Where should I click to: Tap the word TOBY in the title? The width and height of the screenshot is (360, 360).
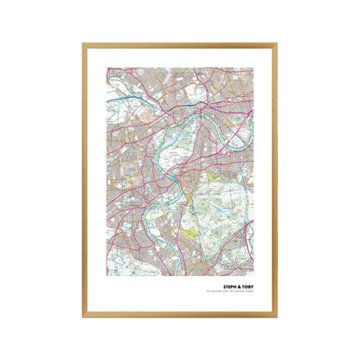(x=247, y=291)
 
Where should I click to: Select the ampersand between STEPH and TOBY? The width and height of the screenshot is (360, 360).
(x=238, y=291)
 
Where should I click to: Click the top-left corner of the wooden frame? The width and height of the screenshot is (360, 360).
(x=84, y=43)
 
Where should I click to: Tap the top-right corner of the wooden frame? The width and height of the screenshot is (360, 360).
(x=277, y=43)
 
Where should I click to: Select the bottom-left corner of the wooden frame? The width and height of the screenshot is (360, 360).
(x=84, y=316)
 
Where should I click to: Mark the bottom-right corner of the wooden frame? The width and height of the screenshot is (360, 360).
(x=277, y=316)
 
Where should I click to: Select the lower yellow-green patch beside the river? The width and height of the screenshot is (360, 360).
(x=189, y=233)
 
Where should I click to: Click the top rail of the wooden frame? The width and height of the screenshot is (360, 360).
(x=180, y=44)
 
